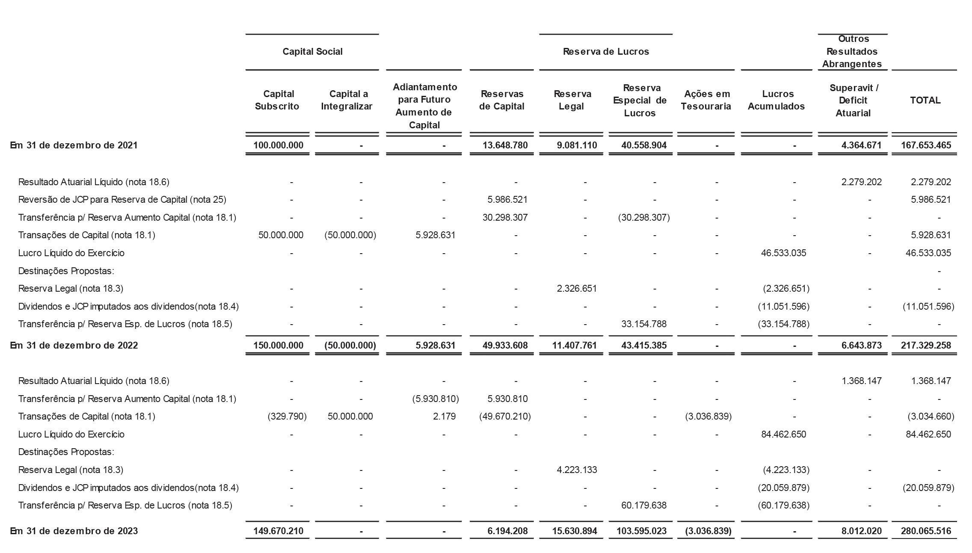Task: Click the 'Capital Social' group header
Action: [x=312, y=52]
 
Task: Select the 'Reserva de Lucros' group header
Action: [x=606, y=52]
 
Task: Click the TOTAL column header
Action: [x=925, y=100]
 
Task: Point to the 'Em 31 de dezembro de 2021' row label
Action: [x=74, y=145]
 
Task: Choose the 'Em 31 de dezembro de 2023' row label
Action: [x=74, y=531]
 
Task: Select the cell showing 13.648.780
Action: [x=505, y=145]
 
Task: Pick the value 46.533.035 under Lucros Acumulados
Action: [x=783, y=253]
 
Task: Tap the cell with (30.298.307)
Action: [x=643, y=218]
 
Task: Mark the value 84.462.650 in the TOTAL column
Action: [x=928, y=435]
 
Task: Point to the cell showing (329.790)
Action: [x=287, y=417]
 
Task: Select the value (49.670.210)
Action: [x=505, y=417]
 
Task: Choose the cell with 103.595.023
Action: [x=641, y=531]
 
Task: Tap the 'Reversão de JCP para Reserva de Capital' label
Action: [x=122, y=200]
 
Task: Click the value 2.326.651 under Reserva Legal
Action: [x=577, y=289]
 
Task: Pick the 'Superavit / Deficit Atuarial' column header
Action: [x=853, y=101]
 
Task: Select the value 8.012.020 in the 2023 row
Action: [x=861, y=531]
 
